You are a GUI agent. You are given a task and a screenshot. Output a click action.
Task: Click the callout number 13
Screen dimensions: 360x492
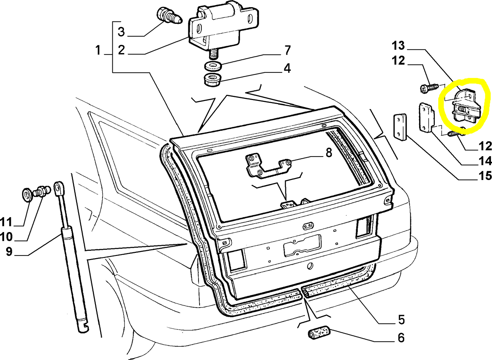398,46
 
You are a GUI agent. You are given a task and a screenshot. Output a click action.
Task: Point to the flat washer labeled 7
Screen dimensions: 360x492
213,65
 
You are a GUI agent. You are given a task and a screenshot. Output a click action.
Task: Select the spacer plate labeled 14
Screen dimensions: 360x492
425,118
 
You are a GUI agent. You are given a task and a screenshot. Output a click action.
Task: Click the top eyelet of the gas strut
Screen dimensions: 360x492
58,187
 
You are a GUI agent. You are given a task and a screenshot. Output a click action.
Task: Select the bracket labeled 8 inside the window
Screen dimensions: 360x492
267,166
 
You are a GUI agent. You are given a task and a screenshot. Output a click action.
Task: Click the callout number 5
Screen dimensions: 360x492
401,320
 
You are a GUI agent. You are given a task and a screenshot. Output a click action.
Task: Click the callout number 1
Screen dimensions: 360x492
98,50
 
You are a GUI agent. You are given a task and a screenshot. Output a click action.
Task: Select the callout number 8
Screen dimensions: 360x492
328,153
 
